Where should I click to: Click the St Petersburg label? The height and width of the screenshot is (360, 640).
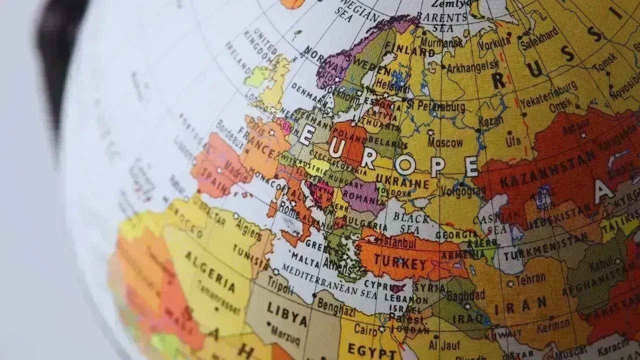point(435,106)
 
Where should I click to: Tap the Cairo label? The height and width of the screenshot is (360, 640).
point(366,328)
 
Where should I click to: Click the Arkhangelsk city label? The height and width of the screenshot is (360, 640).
point(472,65)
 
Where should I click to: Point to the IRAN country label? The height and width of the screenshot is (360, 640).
point(526,304)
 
